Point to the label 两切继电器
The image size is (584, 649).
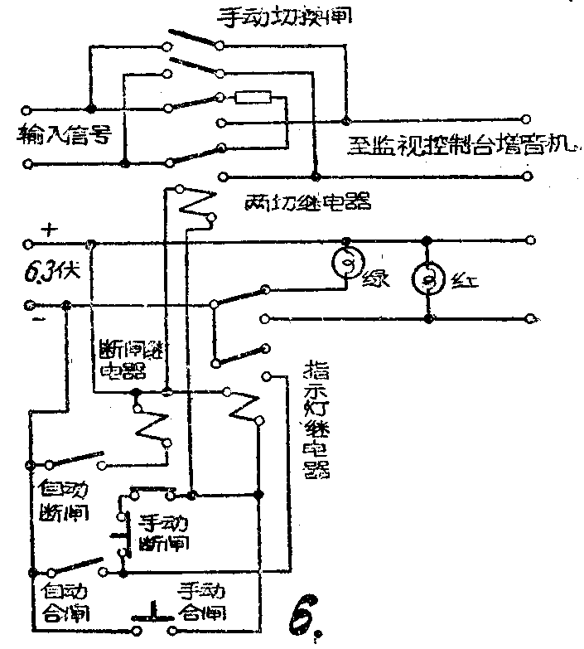306,201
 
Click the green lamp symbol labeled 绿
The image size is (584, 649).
347,264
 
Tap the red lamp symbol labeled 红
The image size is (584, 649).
428,278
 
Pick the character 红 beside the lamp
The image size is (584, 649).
461,281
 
